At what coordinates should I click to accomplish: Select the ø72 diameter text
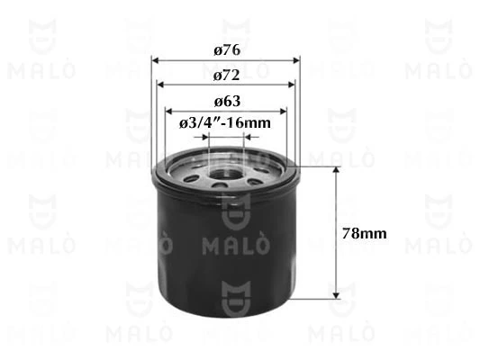[x=226, y=74]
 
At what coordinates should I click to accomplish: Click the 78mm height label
[x=366, y=233]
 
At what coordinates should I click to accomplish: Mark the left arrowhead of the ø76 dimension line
[x=156, y=61]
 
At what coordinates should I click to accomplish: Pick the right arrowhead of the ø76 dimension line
[x=296, y=61]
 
